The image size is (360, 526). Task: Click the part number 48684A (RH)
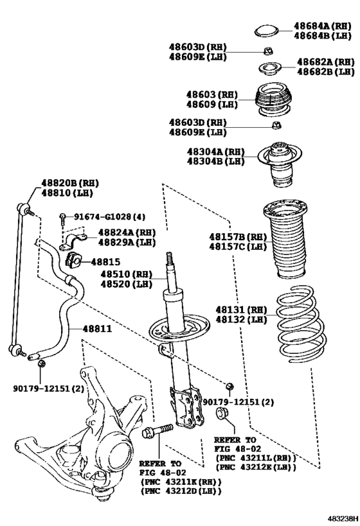coord(323,26)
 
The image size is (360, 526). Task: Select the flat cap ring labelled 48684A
coord(266,31)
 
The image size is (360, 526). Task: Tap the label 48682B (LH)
coord(326,71)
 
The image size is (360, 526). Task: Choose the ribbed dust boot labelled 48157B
coord(285,239)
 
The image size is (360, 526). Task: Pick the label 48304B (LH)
coord(215,161)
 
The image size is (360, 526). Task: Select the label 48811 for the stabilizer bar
coord(97,329)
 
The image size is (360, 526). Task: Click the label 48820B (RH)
coord(70,183)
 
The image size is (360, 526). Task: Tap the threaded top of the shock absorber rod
coord(170,259)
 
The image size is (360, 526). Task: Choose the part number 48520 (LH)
coord(126,284)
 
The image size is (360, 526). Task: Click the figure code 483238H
coord(343,518)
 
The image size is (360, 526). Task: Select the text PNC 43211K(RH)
coord(182,482)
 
